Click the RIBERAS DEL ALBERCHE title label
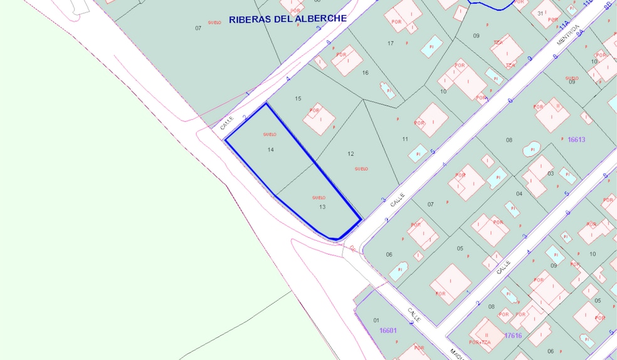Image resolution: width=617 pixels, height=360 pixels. click(287, 19)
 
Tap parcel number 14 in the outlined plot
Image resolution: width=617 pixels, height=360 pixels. click(271, 150)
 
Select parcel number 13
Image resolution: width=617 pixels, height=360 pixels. click(322, 206)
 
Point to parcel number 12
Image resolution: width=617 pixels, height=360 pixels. click(351, 154)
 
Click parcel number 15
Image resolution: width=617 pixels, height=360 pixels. click(298, 98)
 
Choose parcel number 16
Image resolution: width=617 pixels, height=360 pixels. click(365, 73)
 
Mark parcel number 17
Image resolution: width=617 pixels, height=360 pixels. click(391, 43)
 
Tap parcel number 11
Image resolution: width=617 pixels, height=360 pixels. click(405, 139)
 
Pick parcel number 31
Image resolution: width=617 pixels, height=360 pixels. click(540, 13)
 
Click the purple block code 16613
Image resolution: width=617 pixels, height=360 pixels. click(576, 140)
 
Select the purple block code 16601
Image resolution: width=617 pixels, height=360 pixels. click(388, 331)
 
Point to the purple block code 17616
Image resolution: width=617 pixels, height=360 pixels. click(513, 336)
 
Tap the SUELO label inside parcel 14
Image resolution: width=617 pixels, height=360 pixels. click(270, 134)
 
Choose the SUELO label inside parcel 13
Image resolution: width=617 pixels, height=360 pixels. click(319, 198)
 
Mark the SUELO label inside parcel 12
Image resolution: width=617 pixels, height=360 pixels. click(361, 169)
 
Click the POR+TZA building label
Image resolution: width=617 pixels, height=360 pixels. click(480, 342)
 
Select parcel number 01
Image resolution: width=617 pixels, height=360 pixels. click(376, 320)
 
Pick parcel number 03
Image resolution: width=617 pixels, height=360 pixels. click(551, 173)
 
